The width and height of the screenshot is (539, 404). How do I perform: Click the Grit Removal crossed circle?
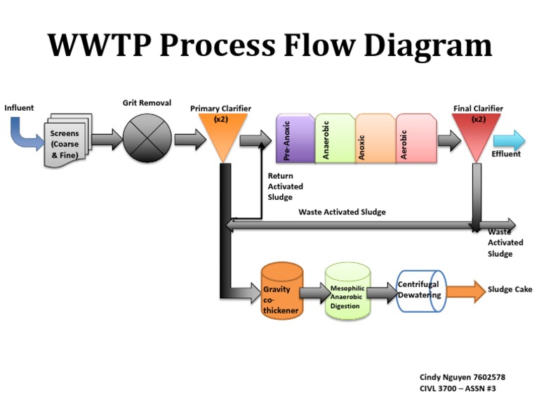pyautogui.click(x=147, y=138)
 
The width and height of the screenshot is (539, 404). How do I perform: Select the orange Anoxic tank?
pyautogui.click(x=375, y=139)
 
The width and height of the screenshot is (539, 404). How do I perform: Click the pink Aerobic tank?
pyautogui.click(x=415, y=139)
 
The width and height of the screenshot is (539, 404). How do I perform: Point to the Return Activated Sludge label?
pyautogui.click(x=286, y=187)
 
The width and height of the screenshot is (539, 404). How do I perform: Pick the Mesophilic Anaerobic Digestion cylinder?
pyautogui.click(x=347, y=292)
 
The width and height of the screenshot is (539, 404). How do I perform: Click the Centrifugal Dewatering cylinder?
pyautogui.click(x=420, y=290)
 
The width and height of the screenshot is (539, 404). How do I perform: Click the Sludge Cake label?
pyautogui.click(x=510, y=289)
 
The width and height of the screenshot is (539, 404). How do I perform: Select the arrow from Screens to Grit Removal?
pyautogui.click(x=106, y=138)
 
